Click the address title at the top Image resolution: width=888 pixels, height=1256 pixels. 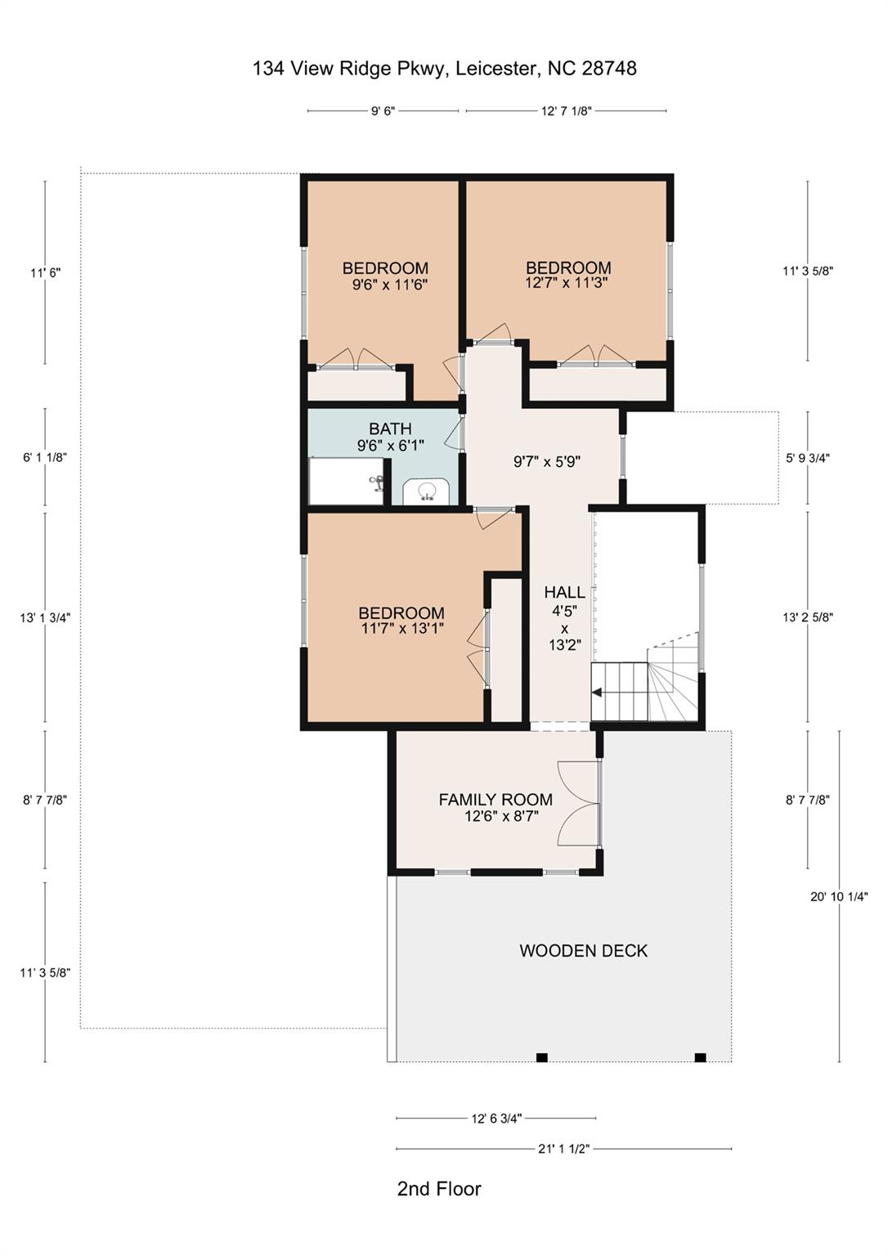pyautogui.click(x=444, y=69)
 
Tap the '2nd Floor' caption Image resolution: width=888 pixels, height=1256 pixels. pyautogui.click(x=439, y=1188)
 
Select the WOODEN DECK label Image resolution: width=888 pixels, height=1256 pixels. pyautogui.click(x=583, y=950)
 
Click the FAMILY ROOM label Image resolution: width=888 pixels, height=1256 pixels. pyautogui.click(x=496, y=800)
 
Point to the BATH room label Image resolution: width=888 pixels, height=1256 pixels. pyautogui.click(x=390, y=428)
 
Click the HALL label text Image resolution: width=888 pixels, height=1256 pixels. pyautogui.click(x=564, y=592)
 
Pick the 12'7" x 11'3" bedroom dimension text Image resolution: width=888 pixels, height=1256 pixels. pyautogui.click(x=567, y=283)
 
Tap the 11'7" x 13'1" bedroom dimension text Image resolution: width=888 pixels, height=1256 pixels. pyautogui.click(x=401, y=629)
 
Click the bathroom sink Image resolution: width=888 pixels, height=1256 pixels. pyautogui.click(x=426, y=491)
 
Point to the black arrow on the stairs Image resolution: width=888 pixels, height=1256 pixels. pyautogui.click(x=597, y=693)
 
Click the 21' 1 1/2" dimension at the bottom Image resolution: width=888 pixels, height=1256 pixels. pyautogui.click(x=563, y=1149)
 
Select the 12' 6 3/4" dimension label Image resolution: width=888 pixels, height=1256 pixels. pyautogui.click(x=496, y=1119)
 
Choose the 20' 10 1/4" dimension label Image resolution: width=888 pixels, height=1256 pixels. pyautogui.click(x=839, y=896)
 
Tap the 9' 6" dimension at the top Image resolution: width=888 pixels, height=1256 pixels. pyautogui.click(x=383, y=111)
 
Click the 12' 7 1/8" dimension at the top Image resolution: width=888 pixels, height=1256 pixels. pyautogui.click(x=566, y=111)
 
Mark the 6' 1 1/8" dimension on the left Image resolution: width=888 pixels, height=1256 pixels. pyautogui.click(x=45, y=458)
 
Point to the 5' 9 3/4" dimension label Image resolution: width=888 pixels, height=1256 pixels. pyautogui.click(x=808, y=458)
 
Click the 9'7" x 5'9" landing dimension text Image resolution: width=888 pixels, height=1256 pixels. pyautogui.click(x=546, y=461)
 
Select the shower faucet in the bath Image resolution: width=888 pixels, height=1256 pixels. pyautogui.click(x=377, y=482)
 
